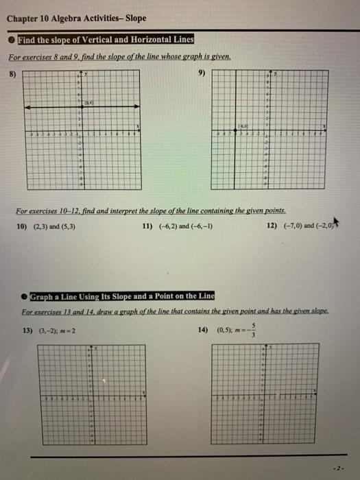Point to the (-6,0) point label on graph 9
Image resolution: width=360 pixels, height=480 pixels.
pyautogui.click(x=245, y=126)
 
